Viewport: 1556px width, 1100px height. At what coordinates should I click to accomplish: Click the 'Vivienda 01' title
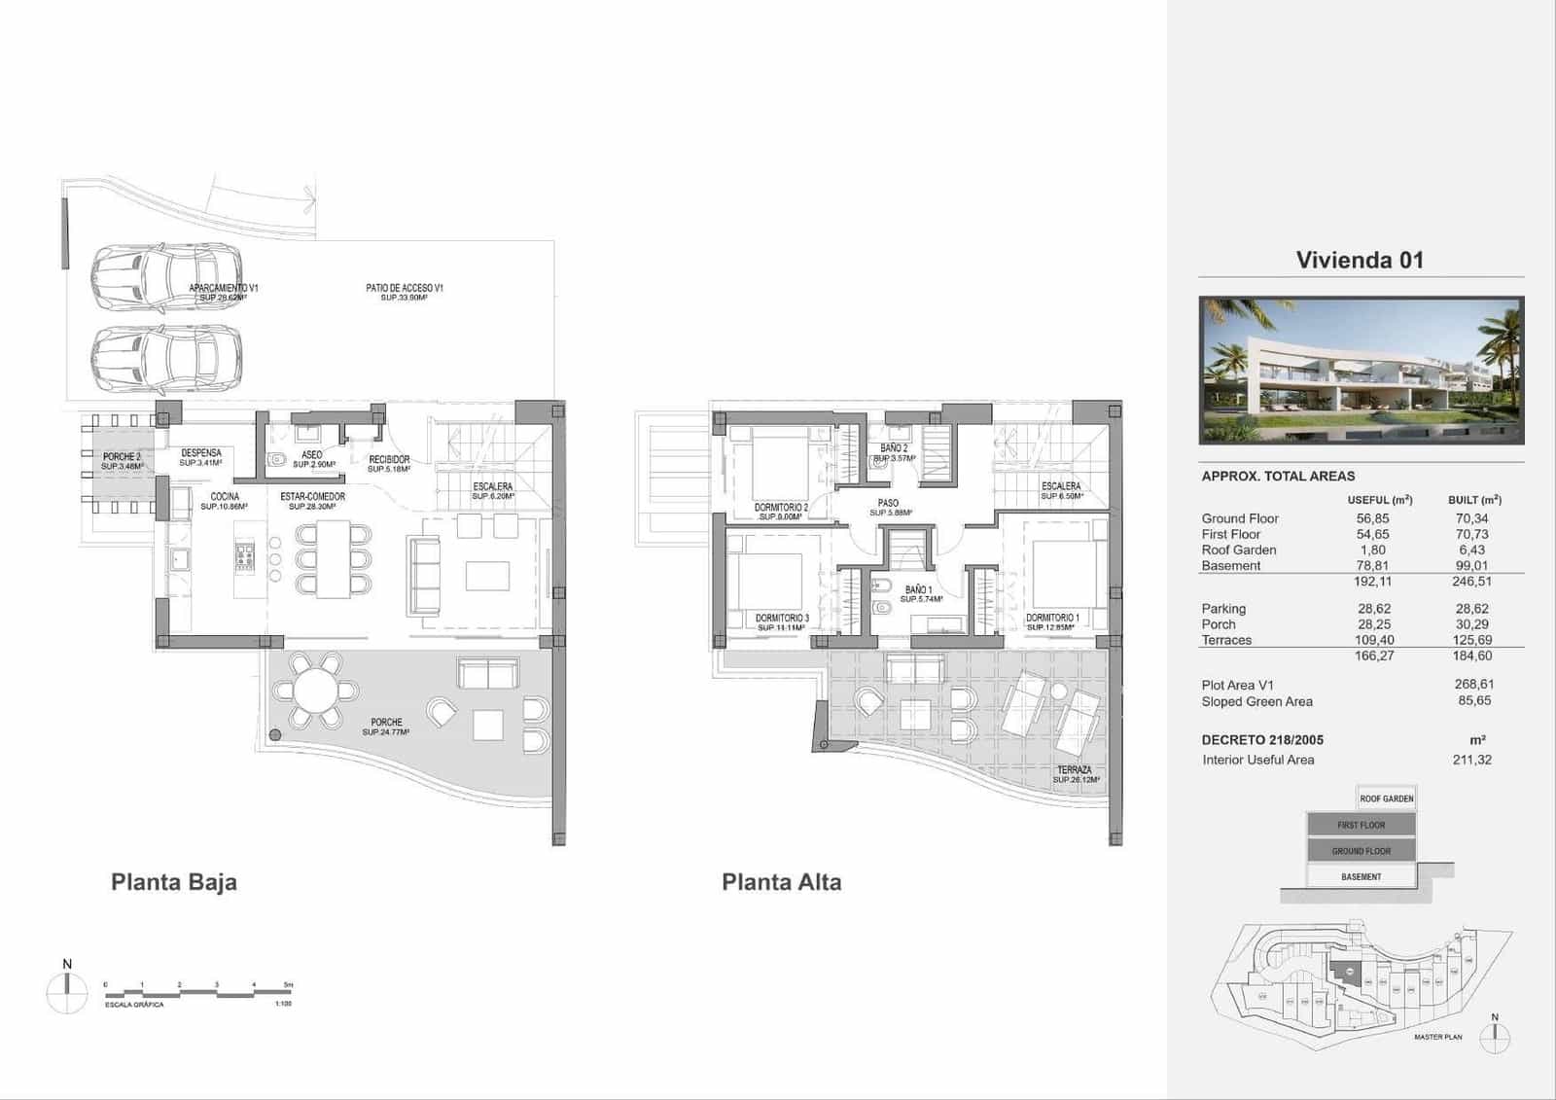pyautogui.click(x=1360, y=260)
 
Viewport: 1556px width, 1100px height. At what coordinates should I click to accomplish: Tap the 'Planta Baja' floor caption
pyautogui.click(x=174, y=882)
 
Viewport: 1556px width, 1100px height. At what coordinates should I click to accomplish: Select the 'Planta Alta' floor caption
pyautogui.click(x=781, y=882)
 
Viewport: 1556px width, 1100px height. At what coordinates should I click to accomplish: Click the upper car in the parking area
pyautogui.click(x=166, y=277)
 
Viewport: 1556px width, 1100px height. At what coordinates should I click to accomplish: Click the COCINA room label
pyautogui.click(x=225, y=497)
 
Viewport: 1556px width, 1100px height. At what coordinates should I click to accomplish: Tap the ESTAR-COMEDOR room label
pyautogui.click(x=312, y=497)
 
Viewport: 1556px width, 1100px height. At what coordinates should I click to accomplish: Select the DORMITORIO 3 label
pyautogui.click(x=782, y=618)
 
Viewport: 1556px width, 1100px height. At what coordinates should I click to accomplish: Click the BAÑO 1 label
pyautogui.click(x=919, y=589)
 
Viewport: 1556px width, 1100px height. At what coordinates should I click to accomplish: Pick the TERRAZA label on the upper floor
pyautogui.click(x=1075, y=769)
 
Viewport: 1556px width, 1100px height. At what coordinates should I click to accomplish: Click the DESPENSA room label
pyautogui.click(x=201, y=453)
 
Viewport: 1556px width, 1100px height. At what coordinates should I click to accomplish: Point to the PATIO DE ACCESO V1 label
pyautogui.click(x=405, y=288)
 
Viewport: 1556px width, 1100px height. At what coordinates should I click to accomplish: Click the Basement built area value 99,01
pyautogui.click(x=1472, y=565)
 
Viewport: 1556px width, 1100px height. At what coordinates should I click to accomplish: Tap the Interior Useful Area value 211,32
pyautogui.click(x=1472, y=760)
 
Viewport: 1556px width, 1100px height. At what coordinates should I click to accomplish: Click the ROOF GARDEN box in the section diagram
pyautogui.click(x=1387, y=798)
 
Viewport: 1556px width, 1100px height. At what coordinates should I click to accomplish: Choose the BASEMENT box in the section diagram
pyautogui.click(x=1361, y=876)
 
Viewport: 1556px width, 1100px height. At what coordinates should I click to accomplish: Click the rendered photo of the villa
pyautogui.click(x=1361, y=371)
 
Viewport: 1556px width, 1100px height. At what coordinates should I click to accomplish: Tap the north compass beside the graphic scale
pyautogui.click(x=67, y=992)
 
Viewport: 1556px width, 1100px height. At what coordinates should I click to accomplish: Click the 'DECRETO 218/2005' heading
pyautogui.click(x=1262, y=740)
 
